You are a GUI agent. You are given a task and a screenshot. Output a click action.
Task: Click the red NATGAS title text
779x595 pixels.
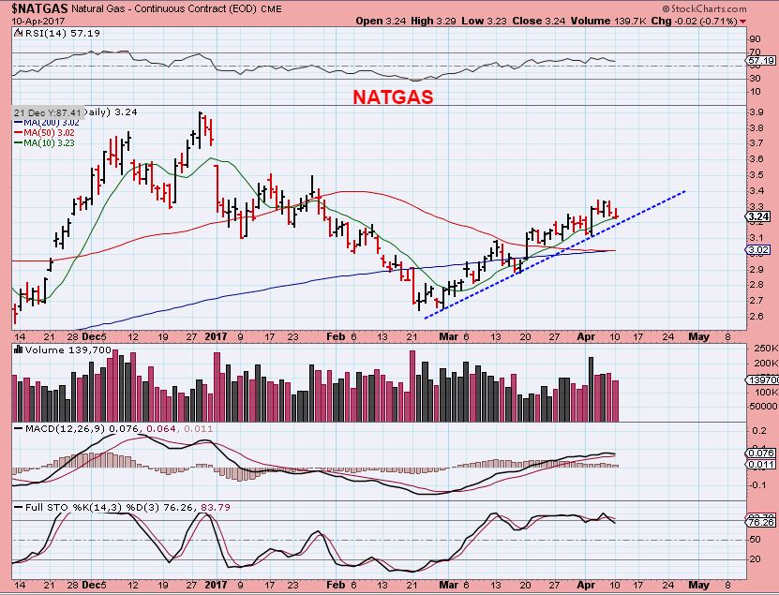click(392, 97)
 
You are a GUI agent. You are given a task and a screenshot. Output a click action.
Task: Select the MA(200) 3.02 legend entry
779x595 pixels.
click(44, 123)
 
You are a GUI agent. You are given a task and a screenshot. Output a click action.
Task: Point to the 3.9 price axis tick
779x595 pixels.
click(755, 112)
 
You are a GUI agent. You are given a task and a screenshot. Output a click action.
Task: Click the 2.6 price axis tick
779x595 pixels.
click(755, 316)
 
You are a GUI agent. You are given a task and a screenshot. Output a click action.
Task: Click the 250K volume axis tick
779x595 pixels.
click(758, 347)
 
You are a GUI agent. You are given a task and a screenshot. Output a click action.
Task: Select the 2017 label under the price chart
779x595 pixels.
click(217, 335)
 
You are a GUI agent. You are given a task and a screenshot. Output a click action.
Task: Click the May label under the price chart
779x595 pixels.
click(698, 335)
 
